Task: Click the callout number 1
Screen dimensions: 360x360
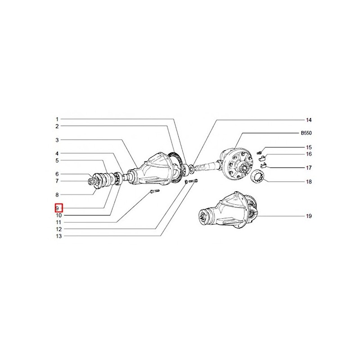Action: [57, 119]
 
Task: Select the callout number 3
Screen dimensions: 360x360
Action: [57, 140]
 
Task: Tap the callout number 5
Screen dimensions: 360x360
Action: [57, 161]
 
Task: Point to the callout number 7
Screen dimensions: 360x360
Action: [57, 181]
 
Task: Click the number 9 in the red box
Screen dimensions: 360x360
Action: [57, 208]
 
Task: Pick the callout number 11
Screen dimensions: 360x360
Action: [58, 222]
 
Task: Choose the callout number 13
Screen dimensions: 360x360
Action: [59, 236]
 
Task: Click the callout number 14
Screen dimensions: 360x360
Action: [309, 120]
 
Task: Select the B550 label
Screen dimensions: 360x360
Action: [306, 133]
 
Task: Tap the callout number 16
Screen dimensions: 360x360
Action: [309, 154]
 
